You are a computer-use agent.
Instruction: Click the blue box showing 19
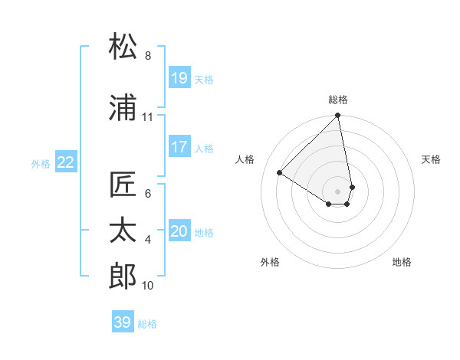179,78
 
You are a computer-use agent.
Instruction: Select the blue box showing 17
179,147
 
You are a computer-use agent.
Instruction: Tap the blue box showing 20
179,231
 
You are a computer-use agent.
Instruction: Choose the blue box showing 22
66,162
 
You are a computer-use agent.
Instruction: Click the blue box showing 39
123,322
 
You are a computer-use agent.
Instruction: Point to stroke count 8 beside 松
148,56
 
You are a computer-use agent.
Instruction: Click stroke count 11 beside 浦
148,117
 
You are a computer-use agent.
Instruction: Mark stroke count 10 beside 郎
148,286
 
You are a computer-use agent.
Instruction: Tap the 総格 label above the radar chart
338,100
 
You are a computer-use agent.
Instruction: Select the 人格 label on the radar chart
246,159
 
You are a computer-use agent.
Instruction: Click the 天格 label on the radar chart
432,159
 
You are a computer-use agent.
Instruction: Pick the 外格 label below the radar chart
270,262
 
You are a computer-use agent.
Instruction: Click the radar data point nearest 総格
338,116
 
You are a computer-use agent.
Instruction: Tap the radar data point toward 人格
280,173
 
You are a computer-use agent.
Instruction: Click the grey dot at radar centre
338,191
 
